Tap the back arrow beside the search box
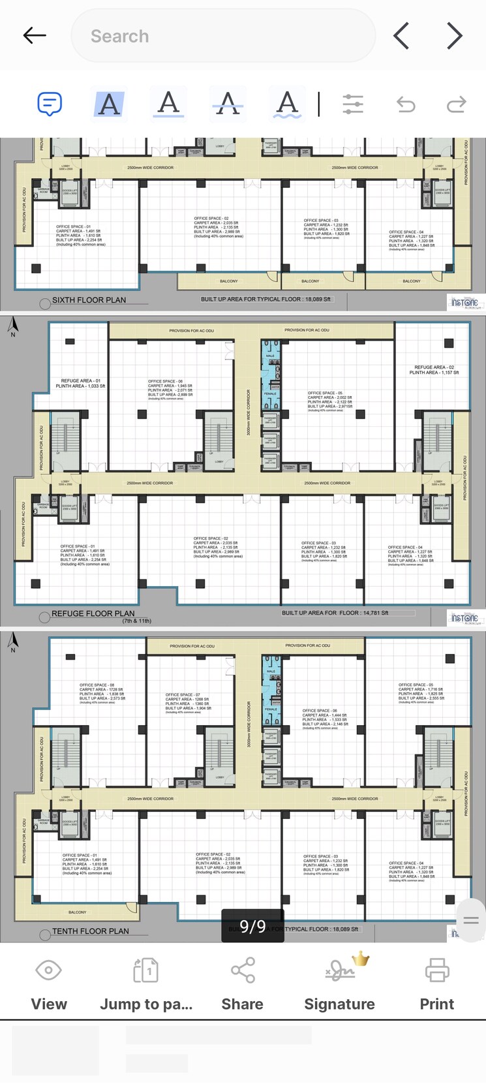[x=34, y=36]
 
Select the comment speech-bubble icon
[x=50, y=104]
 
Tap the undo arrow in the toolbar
[x=406, y=104]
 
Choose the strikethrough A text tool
[x=228, y=103]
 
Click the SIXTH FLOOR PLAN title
[x=89, y=300]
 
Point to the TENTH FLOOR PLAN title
[x=90, y=931]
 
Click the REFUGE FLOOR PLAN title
[x=93, y=613]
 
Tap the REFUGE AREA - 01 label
[x=81, y=380]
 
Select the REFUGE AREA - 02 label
[x=434, y=367]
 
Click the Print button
[x=436, y=983]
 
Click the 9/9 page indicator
[x=252, y=926]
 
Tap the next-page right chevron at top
[x=455, y=36]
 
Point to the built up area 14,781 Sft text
[x=335, y=613]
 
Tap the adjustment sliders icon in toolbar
[x=352, y=104]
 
